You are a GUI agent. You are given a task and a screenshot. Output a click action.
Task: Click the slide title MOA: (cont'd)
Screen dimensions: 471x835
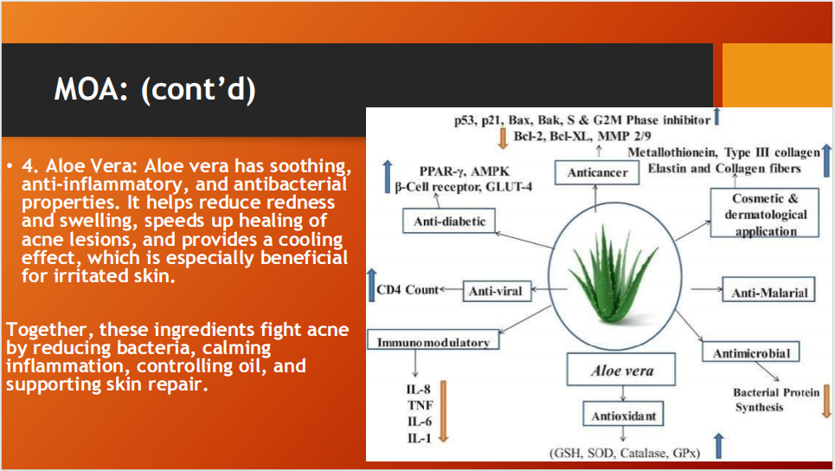click(156, 89)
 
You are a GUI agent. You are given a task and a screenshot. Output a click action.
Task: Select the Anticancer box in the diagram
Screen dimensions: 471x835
click(598, 172)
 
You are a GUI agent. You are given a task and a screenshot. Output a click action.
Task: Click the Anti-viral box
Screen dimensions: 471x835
click(495, 291)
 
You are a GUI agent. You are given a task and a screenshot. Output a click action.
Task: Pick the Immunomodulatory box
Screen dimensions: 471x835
click(434, 342)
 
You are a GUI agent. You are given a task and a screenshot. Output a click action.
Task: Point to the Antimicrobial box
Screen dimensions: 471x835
click(752, 352)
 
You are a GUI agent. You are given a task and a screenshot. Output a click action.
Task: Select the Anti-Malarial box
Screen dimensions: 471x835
click(769, 292)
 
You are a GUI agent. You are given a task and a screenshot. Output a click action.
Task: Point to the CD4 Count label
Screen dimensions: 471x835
click(407, 290)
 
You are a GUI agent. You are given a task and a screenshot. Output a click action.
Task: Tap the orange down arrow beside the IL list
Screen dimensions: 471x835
click(445, 411)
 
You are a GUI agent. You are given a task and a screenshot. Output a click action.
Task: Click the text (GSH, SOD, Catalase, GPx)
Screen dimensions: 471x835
click(623, 453)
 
